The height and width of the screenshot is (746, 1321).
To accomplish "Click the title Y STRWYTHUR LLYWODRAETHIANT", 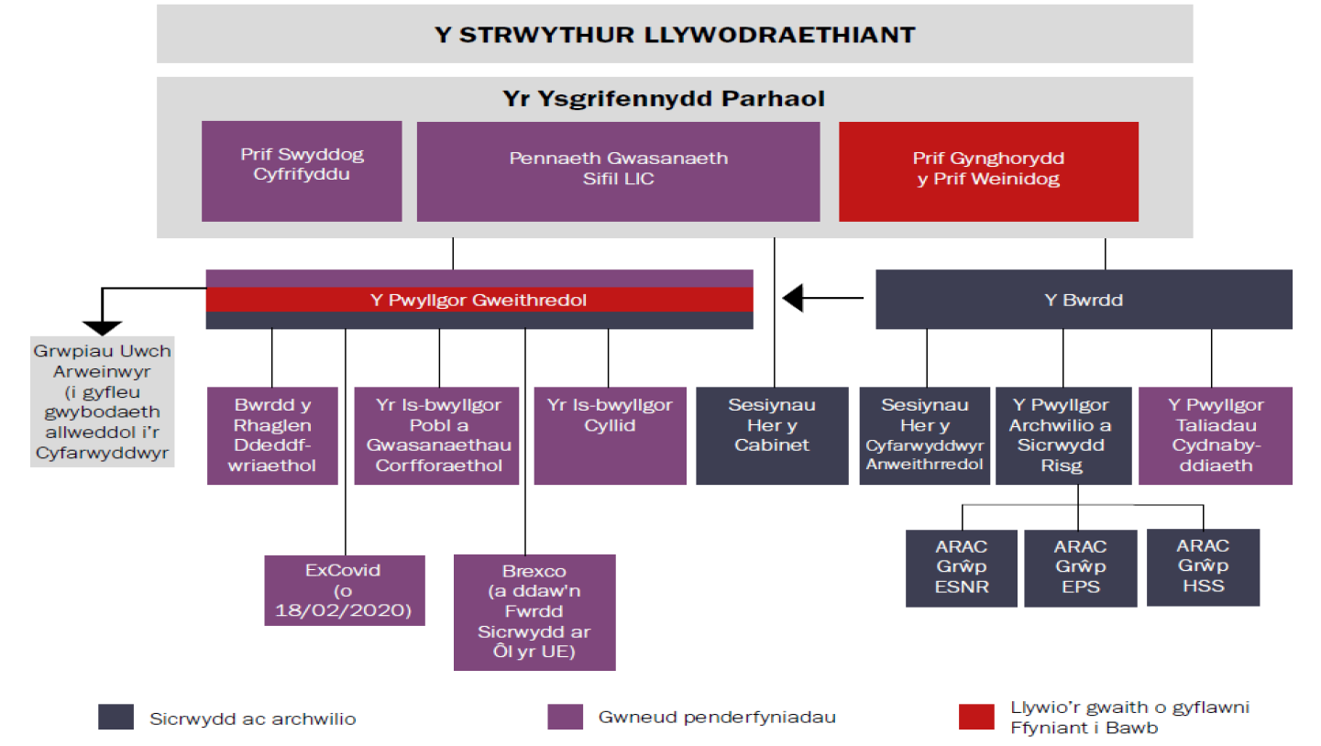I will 675,35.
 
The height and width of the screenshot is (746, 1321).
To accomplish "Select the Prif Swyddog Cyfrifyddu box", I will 302,170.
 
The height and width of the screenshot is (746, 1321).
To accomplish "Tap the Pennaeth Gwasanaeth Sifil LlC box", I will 618,170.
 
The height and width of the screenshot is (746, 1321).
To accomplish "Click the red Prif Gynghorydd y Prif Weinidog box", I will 988,170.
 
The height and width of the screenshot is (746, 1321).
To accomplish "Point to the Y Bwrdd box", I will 1084,300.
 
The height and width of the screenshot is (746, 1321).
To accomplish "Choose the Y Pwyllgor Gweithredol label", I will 479,300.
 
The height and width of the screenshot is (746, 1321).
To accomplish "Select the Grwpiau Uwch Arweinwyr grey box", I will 102,401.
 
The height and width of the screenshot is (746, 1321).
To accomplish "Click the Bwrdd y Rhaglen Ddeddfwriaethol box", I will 273,435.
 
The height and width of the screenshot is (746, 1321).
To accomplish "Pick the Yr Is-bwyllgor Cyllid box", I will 610,435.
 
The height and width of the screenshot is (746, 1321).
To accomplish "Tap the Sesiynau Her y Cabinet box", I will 772,435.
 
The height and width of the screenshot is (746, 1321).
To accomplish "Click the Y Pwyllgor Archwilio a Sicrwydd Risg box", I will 1063,435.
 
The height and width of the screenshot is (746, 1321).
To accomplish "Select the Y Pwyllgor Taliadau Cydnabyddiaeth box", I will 1216,435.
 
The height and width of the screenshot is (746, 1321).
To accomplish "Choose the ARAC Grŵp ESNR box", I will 962,567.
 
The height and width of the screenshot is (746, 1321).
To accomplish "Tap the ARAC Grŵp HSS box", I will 1203,566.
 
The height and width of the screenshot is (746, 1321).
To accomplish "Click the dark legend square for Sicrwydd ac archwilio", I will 116,718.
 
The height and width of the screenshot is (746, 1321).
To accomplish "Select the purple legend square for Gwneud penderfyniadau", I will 565,718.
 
